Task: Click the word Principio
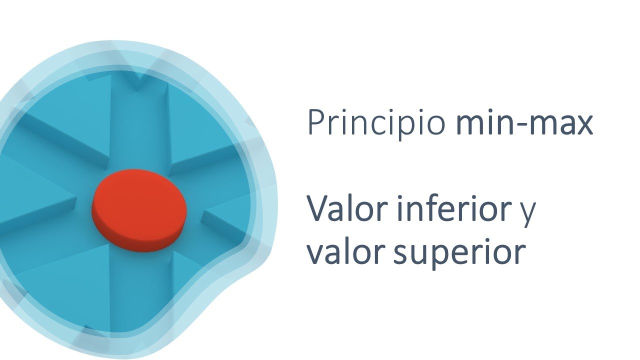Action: [x=375, y=123]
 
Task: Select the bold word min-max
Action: [x=524, y=123]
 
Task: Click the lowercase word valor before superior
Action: [x=345, y=252]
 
